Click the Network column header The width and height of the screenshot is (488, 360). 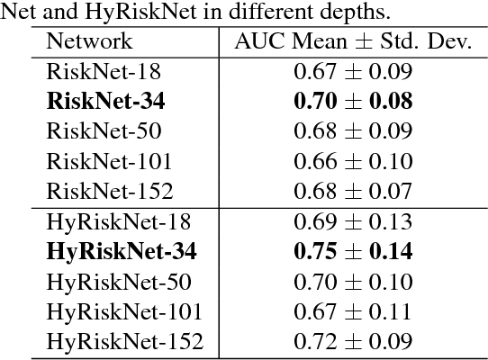(89, 41)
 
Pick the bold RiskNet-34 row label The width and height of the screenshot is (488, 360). (106, 102)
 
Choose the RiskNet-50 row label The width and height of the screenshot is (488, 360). (104, 131)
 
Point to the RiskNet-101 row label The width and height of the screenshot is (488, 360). (109, 162)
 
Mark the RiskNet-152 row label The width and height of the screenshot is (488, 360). (109, 192)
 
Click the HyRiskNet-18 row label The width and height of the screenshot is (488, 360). (118, 222)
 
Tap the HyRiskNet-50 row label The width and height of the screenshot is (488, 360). (118, 283)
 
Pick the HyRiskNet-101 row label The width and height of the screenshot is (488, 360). (123, 312)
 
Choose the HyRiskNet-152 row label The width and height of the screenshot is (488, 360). (124, 342)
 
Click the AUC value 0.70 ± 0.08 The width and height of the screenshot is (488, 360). (353, 102)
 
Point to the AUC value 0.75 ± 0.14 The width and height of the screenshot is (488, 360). (353, 252)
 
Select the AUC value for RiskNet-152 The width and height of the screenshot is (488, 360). (353, 192)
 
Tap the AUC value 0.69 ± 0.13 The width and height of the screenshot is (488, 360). (353, 222)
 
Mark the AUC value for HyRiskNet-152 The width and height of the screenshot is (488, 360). (353, 342)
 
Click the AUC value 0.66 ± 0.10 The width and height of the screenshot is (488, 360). (353, 162)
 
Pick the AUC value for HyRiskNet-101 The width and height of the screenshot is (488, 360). (353, 312)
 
